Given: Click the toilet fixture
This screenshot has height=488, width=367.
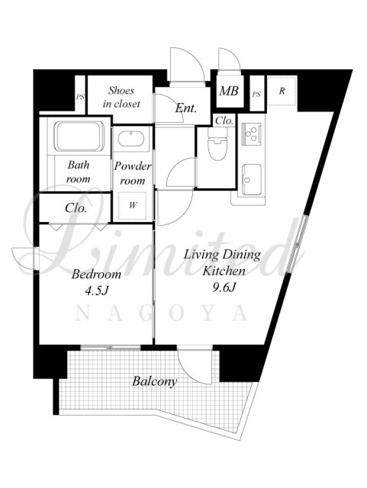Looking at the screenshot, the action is [x=218, y=143].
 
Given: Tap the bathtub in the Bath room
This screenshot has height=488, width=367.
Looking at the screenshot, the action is [x=79, y=136].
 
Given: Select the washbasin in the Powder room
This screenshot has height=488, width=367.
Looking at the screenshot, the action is [x=130, y=139].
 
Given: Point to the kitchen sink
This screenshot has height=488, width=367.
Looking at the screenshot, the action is [x=252, y=179].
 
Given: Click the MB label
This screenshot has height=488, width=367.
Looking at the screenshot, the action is [x=229, y=91].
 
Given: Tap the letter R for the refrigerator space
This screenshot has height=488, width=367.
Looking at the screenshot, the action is [x=282, y=91].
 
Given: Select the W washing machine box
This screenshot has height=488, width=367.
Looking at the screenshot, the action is [x=133, y=205].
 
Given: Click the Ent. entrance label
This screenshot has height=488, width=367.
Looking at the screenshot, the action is [x=185, y=108].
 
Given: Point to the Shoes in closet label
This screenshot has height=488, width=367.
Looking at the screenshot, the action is [x=121, y=97].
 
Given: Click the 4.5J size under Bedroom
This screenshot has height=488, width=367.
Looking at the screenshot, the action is [x=97, y=291].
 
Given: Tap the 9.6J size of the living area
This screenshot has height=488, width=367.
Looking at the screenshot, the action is [x=224, y=287].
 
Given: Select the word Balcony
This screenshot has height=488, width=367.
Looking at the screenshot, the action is [x=155, y=381].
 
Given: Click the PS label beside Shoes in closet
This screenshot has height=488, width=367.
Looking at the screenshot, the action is [x=80, y=97].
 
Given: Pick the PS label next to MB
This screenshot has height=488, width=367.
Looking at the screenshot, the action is [x=256, y=94].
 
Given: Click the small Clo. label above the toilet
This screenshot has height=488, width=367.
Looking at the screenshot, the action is [x=224, y=120].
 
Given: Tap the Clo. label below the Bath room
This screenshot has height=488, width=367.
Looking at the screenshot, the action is [x=76, y=207].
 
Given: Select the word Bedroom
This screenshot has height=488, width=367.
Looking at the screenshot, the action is [x=96, y=274].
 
